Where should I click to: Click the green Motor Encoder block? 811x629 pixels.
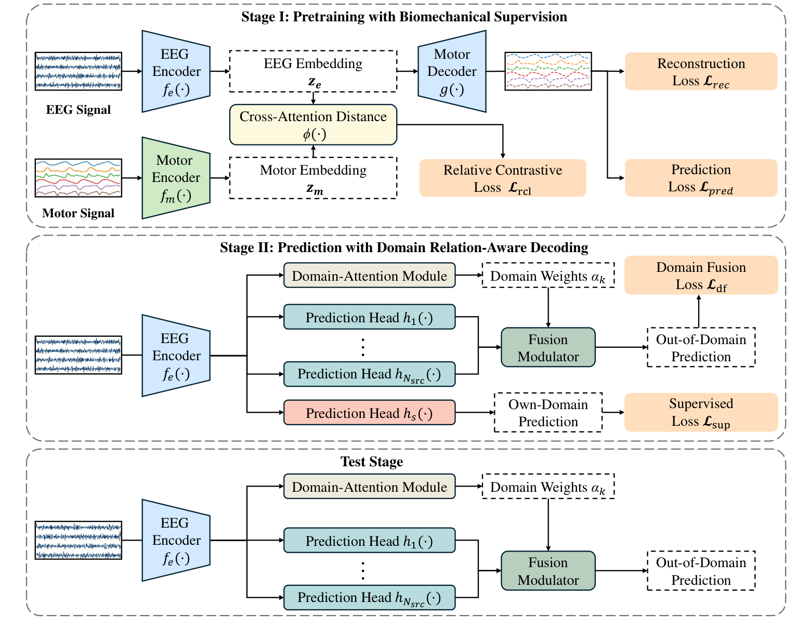pos(176,178)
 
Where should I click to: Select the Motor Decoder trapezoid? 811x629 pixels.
pos(452,71)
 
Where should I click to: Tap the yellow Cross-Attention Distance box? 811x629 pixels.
pos(313,125)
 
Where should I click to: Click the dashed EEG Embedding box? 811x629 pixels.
pos(313,71)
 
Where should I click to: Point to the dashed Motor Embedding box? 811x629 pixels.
pos(313,178)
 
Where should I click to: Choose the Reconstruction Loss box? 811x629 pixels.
pos(701,71)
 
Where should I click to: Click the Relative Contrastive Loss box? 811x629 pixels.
pos(502,178)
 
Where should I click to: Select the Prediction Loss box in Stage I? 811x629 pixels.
pos(701,178)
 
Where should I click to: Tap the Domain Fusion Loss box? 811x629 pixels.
pos(701,275)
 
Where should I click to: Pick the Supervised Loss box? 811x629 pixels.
pos(701,412)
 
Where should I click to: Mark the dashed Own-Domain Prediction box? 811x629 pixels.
pos(548,412)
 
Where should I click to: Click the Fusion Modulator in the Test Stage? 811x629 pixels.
pos(548,571)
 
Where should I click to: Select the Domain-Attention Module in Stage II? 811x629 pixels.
pos(369,276)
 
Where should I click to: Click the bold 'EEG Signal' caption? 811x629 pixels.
pos(79,110)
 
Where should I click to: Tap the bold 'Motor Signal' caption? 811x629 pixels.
pos(79,213)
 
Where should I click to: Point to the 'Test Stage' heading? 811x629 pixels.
pos(372,462)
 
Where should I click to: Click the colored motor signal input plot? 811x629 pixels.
pos(79,178)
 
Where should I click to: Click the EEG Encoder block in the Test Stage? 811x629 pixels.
pos(176,541)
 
